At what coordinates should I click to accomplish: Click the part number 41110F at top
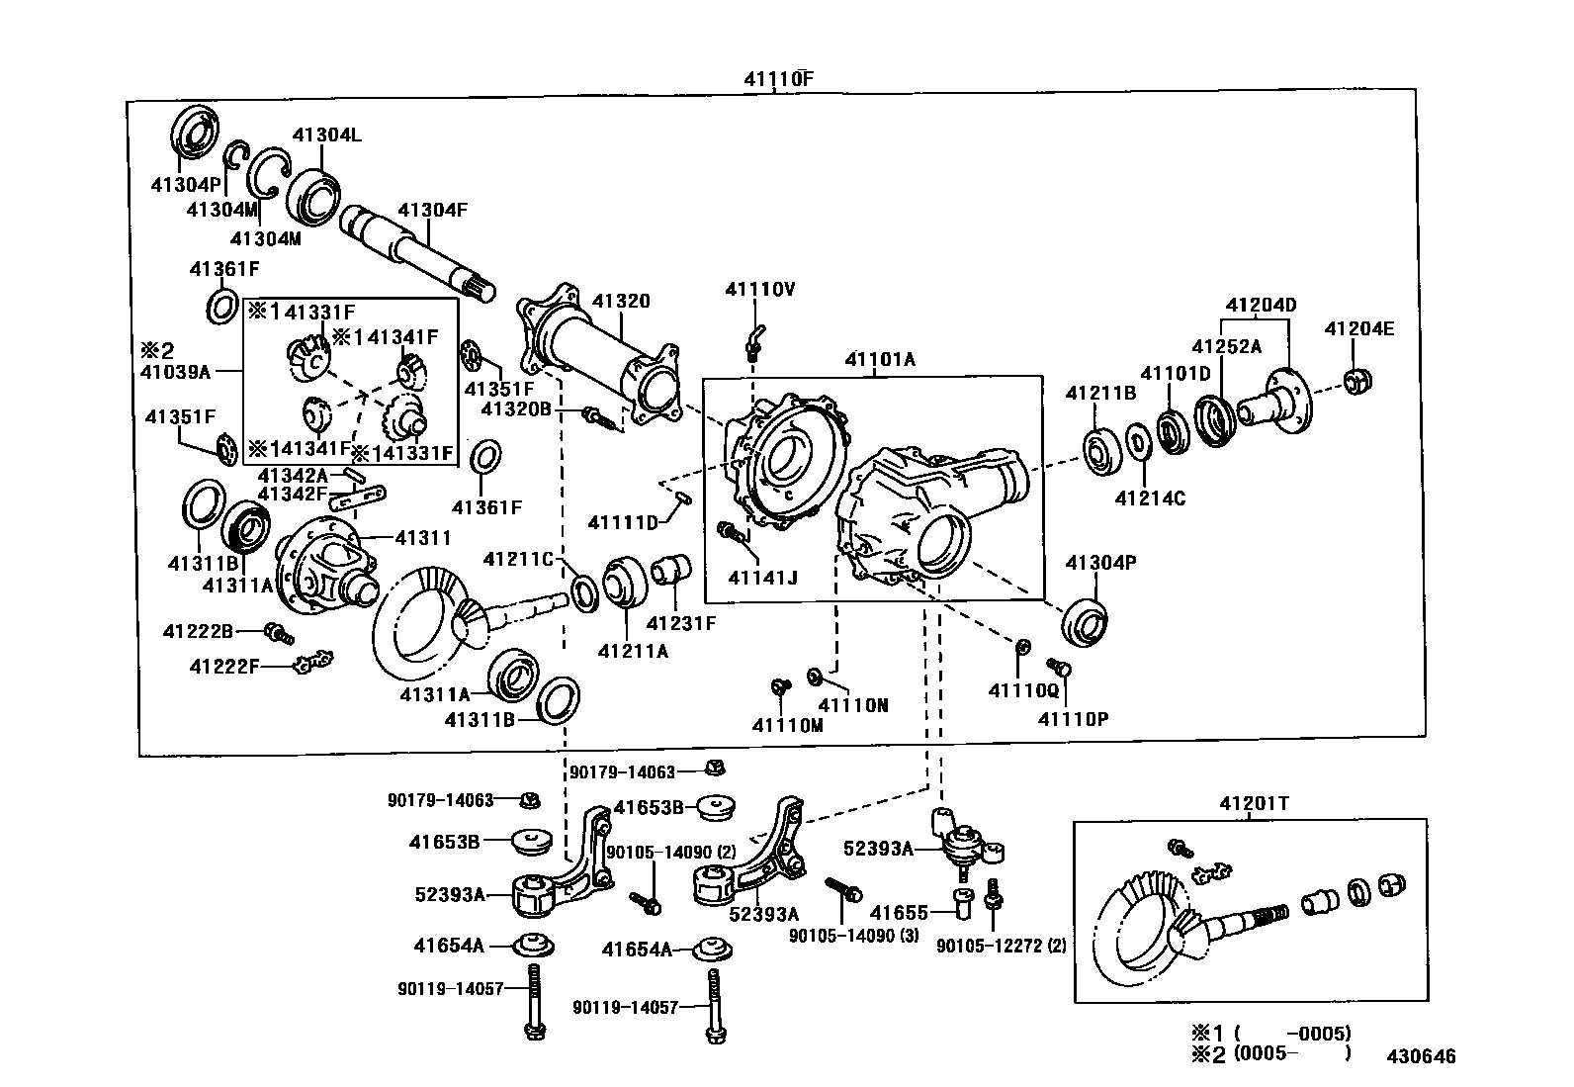click(x=779, y=78)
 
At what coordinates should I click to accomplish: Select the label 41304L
click(x=326, y=136)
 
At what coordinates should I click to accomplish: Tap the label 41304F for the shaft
click(x=432, y=210)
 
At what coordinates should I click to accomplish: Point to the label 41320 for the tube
click(x=621, y=301)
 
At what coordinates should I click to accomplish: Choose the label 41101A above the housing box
click(x=880, y=360)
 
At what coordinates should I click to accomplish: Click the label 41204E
click(x=1358, y=329)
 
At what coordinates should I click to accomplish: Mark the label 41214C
click(x=1150, y=498)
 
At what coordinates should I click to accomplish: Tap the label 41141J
click(x=762, y=578)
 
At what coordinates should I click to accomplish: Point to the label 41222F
click(x=224, y=667)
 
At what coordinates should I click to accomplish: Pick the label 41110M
click(x=787, y=725)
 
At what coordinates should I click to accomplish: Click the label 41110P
click(x=1073, y=719)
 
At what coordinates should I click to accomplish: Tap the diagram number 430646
click(x=1420, y=1056)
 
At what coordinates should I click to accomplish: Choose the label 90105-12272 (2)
click(x=1002, y=946)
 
